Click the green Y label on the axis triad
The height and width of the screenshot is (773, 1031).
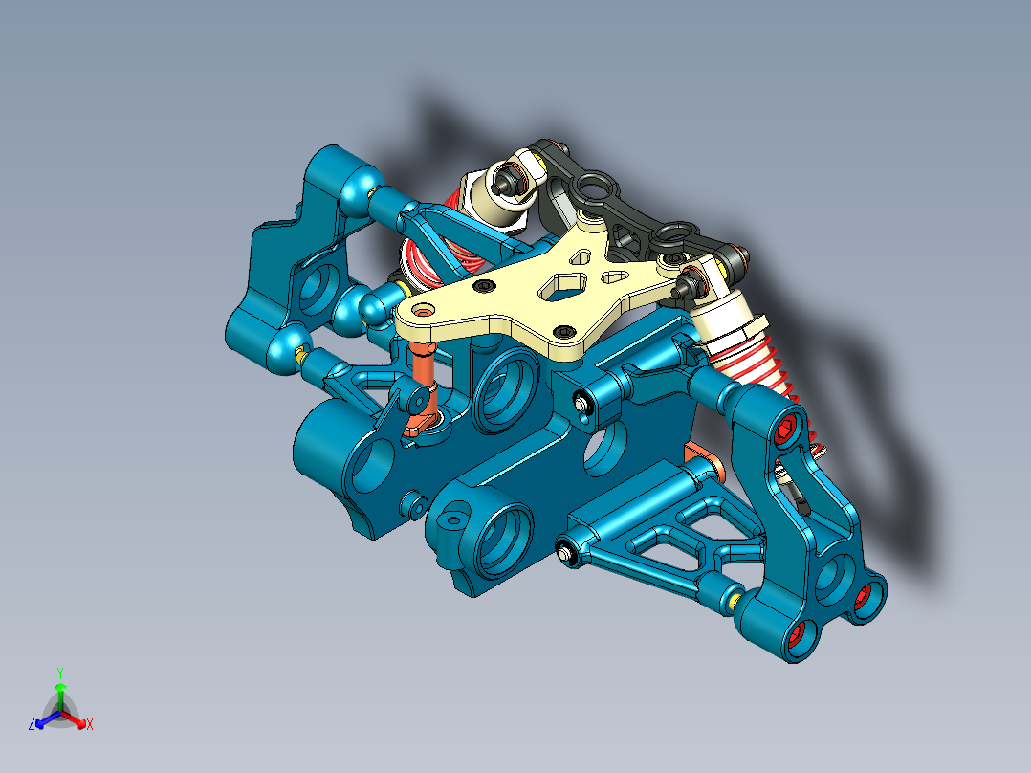(x=59, y=672)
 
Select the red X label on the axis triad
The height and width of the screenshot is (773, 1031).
(x=89, y=724)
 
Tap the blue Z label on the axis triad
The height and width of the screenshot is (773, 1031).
(x=32, y=724)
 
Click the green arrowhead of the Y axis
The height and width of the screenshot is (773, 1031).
(x=59, y=687)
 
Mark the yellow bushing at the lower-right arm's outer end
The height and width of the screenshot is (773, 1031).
(x=734, y=600)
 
